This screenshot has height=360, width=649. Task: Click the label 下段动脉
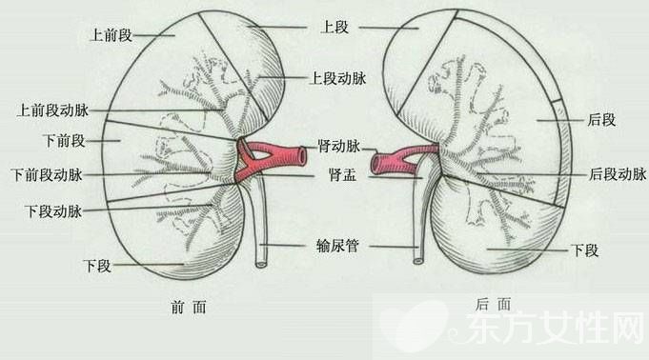54,209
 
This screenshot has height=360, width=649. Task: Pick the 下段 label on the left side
97,265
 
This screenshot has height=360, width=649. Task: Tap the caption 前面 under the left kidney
185,307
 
